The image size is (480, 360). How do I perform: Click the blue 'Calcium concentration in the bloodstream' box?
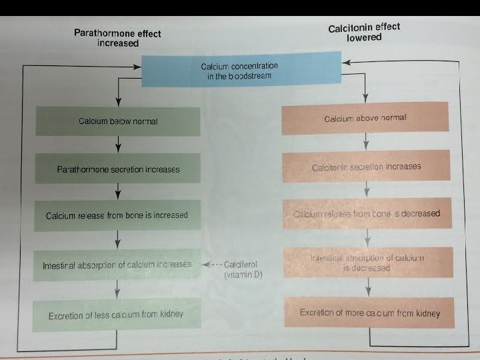239,71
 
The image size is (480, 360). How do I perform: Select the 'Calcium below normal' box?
118,121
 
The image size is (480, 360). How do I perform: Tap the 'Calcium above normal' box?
365,118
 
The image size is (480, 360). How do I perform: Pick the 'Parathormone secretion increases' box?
118,169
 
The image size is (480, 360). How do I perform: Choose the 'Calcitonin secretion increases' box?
366,167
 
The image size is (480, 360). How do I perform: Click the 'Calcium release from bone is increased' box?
117,215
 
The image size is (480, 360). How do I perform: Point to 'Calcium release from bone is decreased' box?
367,214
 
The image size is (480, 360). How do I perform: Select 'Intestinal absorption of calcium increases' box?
117,265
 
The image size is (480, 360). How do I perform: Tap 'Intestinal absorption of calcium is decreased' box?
367,263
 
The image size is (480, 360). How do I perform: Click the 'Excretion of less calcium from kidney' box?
116,315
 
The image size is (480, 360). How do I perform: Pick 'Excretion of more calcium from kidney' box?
369,312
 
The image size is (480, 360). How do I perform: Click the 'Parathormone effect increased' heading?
117,38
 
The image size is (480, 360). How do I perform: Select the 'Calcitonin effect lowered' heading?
364,32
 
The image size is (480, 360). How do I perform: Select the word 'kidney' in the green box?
168,314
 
